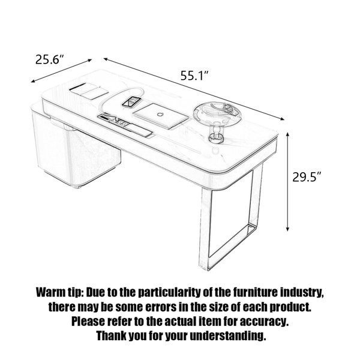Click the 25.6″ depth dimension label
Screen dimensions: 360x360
click(49, 59)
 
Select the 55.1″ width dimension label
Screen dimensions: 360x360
click(194, 76)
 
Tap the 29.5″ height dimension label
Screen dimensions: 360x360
click(307, 177)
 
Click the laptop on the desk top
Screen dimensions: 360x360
click(161, 116)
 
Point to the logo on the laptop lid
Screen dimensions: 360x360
click(160, 114)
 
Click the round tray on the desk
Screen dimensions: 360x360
click(217, 113)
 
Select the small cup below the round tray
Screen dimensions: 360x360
click(216, 137)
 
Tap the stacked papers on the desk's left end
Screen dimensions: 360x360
click(89, 91)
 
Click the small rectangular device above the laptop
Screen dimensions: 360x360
click(131, 102)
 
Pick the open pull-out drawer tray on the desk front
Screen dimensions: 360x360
click(125, 126)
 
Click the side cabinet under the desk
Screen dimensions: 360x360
click(76, 149)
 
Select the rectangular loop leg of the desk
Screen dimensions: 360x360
click(231, 216)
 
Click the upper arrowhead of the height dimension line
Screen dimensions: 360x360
click(287, 135)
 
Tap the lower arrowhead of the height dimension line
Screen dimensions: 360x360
click(287, 229)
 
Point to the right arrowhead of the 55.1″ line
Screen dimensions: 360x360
click(282, 118)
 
